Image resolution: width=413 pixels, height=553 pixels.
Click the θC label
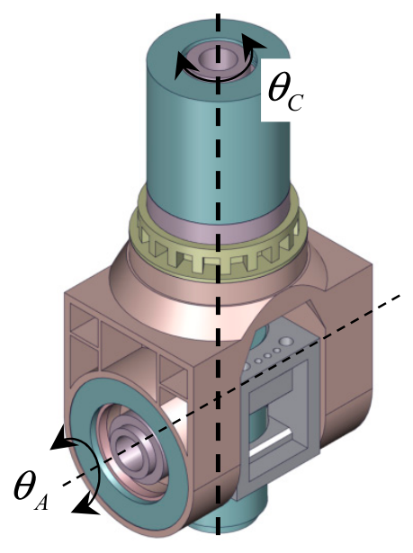[x=285, y=92]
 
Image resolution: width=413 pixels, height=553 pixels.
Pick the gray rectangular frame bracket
[x=283, y=406]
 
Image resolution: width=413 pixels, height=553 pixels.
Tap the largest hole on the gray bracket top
[x=286, y=342]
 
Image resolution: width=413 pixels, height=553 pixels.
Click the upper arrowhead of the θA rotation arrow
[x=59, y=440]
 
